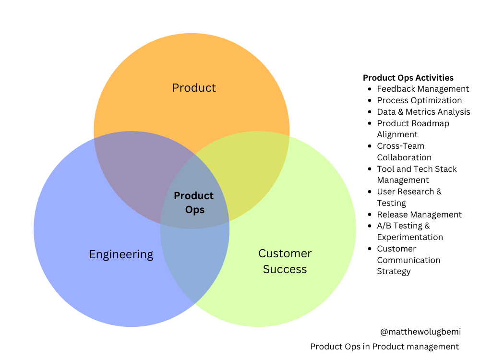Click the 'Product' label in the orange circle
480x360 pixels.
[194, 88]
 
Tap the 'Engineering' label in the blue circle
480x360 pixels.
[121, 254]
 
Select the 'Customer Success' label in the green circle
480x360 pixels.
[285, 261]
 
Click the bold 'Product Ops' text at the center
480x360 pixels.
[194, 203]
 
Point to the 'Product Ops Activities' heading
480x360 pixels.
[408, 78]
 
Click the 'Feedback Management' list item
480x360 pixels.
[423, 89]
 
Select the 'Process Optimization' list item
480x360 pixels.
[420, 100]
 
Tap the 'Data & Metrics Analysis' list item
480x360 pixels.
[423, 112]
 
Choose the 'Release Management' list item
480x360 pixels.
[420, 215]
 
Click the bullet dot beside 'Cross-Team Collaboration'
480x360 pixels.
[369, 146]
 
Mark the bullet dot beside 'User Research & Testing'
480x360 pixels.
[369, 192]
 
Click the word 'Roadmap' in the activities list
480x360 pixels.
[433, 123]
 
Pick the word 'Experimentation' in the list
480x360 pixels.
[410, 237]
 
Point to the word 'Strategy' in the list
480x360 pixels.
[394, 271]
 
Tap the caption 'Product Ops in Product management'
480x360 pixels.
[384, 347]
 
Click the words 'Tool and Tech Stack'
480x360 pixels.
[417, 169]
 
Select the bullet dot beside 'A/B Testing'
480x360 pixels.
[369, 226]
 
